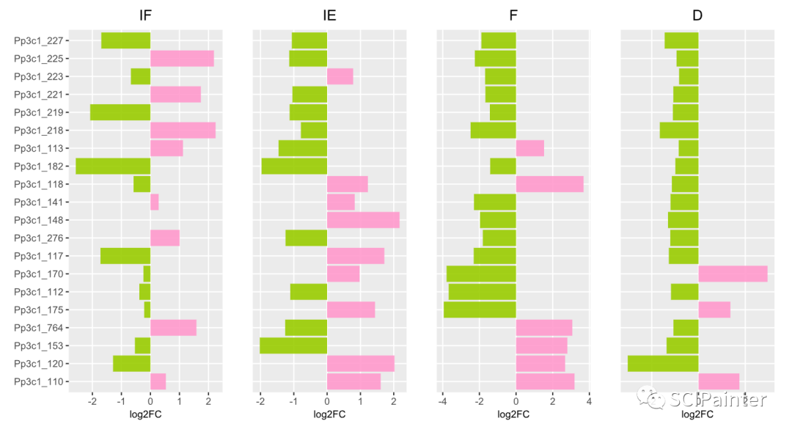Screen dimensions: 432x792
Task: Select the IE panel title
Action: pos(329,15)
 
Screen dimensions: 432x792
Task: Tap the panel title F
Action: pos(513,15)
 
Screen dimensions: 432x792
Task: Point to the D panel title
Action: pos(697,15)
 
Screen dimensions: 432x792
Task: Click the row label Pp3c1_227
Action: pos(43,41)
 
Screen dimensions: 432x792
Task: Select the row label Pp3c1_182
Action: pos(43,166)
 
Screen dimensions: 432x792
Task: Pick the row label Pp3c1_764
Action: pos(43,328)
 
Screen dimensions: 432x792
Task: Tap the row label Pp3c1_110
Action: pos(43,382)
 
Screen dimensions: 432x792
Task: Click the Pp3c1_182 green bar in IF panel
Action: pos(113,166)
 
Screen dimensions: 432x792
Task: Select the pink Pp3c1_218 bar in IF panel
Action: pos(183,131)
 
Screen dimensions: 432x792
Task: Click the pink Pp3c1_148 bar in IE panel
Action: pos(363,220)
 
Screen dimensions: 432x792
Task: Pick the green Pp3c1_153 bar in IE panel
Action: pos(293,345)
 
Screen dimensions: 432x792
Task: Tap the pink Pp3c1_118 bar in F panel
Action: pos(550,184)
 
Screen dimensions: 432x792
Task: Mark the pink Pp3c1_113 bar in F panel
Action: pos(530,148)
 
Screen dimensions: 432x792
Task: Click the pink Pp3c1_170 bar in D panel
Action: pos(733,274)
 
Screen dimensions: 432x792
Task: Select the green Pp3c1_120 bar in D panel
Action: pos(663,364)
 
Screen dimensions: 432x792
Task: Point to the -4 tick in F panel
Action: pos(443,401)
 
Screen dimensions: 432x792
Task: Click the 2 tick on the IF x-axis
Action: pos(208,401)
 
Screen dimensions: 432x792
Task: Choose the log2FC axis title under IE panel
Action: pos(329,414)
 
